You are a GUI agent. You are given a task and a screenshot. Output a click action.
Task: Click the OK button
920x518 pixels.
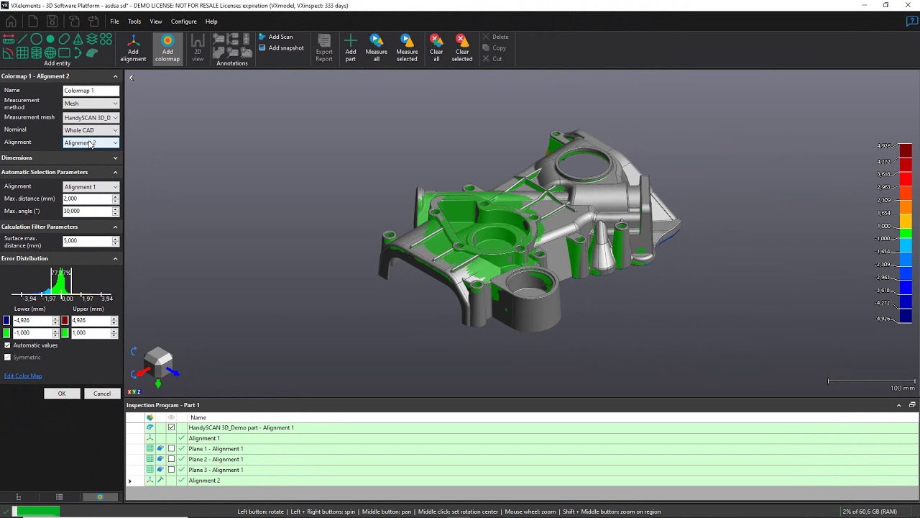pos(62,394)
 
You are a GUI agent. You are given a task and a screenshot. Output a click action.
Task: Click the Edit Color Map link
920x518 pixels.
pos(23,376)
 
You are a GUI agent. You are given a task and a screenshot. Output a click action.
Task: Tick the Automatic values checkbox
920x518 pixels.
pos(8,345)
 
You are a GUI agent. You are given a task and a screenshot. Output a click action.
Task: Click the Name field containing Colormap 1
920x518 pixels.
pos(91,91)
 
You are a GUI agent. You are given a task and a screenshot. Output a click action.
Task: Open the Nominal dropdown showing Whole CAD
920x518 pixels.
pos(91,130)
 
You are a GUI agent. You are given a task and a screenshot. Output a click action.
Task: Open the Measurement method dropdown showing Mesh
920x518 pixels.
pos(91,104)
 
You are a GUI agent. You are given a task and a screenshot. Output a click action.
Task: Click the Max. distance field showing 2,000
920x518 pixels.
pos(87,199)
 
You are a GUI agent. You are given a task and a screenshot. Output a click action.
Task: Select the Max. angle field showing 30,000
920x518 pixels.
pos(87,211)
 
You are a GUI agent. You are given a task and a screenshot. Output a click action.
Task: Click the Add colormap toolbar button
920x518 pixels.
pos(167,48)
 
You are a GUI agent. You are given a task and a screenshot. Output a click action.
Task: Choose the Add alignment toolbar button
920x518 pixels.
pos(133,48)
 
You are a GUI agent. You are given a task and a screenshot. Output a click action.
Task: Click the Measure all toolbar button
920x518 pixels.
pos(376,48)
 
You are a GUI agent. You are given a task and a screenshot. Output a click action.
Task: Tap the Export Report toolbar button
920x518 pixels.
pos(324,48)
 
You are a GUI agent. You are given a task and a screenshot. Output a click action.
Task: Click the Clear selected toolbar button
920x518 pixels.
pos(462,48)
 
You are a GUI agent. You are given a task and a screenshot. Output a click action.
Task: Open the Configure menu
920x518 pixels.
pos(183,22)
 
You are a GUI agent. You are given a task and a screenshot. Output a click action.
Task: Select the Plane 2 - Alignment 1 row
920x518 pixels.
pos(216,459)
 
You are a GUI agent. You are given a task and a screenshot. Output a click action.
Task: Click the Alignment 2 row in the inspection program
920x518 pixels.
pos(204,481)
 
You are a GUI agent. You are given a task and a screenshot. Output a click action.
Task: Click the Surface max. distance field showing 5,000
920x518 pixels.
pos(87,241)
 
